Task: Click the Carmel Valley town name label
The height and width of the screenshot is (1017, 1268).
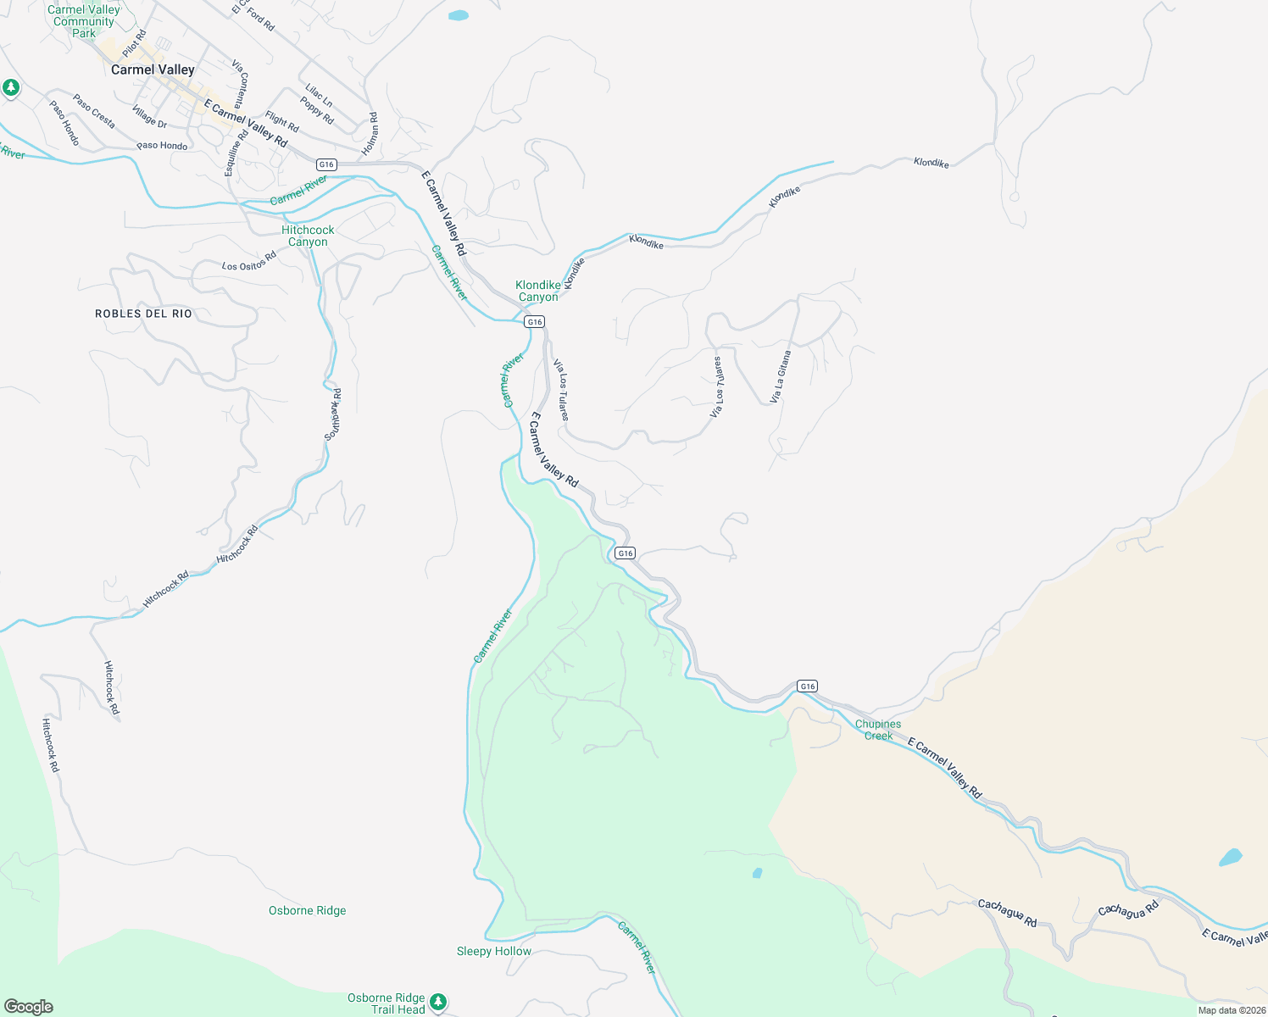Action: [x=153, y=69]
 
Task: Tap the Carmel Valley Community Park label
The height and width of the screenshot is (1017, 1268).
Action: [x=84, y=21]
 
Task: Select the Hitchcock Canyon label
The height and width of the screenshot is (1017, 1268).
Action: [x=308, y=236]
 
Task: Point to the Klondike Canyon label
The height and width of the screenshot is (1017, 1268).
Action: [x=538, y=291]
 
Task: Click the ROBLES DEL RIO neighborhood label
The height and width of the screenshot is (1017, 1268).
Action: [x=143, y=314]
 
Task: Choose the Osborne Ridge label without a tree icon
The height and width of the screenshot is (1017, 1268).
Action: [x=307, y=911]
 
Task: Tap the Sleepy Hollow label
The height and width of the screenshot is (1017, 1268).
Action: [x=494, y=952]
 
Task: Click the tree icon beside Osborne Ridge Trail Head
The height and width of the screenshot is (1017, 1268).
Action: [x=438, y=1002]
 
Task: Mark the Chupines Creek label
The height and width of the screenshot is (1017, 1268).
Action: [x=878, y=730]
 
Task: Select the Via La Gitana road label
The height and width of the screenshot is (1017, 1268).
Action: [x=781, y=376]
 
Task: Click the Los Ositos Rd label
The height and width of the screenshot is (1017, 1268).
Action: [x=249, y=261]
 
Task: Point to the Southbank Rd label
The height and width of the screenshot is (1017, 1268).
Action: [x=332, y=414]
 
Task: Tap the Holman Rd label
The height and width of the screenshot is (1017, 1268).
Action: [x=370, y=133]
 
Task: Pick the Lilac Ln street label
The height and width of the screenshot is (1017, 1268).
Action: [x=319, y=96]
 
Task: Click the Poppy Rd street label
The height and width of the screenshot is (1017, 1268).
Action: [x=316, y=110]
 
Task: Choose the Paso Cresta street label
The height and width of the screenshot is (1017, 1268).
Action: [x=93, y=111]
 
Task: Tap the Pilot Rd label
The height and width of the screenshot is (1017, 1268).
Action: [x=135, y=44]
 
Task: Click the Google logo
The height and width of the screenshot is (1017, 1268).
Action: [x=29, y=1007]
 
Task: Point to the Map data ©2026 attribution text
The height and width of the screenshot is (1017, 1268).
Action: [x=1232, y=1010]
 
